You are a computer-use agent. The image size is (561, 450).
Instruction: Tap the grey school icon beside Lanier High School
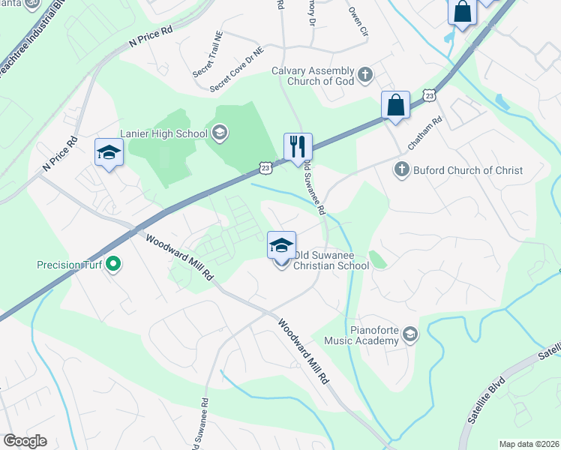pos(220,134)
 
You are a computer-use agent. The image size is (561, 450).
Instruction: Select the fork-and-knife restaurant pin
pos(298,146)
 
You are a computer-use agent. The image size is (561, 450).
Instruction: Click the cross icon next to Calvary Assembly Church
pos(365,74)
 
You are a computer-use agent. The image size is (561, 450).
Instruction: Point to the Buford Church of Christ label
pos(466,170)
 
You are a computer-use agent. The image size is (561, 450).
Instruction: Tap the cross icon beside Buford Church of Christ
pos(401,169)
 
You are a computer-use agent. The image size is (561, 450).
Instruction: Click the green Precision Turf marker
pos(113,264)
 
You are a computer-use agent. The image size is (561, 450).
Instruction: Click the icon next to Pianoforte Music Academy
pos(409,334)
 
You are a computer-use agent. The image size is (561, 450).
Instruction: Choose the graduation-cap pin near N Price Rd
pos(109,152)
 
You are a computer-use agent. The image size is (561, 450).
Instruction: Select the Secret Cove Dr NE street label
pos(236,70)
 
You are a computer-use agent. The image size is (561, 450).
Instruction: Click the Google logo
pos(25,441)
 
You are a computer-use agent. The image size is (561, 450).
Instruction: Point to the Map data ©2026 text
pos(529,444)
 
